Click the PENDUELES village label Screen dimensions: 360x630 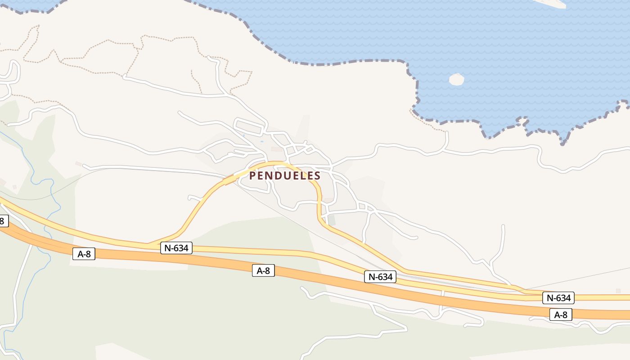[x=285, y=175]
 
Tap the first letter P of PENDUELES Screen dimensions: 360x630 [x=252, y=175]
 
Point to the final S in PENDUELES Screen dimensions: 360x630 [x=317, y=175]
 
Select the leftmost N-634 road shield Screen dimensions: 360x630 [x=176, y=247]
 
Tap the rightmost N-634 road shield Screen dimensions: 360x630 [x=558, y=297]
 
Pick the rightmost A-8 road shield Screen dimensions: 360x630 [x=561, y=315]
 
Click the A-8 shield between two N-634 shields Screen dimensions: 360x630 [x=263, y=270]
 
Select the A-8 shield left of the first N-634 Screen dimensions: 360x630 [x=84, y=254]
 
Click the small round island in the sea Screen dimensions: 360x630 [x=456, y=79]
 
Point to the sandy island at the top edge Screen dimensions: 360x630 [x=551, y=3]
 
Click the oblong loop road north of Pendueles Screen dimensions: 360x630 [x=248, y=127]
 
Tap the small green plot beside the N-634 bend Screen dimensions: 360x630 [x=332, y=220]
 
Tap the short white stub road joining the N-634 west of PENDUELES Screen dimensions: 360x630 [x=195, y=198]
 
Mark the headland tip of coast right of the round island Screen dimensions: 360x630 [x=623, y=104]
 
